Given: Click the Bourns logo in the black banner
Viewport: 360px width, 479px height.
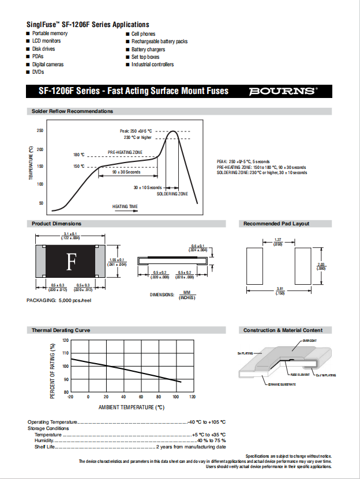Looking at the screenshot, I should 283,91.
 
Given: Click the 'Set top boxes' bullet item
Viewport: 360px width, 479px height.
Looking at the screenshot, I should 145,57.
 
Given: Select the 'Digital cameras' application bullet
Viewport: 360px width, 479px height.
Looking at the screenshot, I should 48,65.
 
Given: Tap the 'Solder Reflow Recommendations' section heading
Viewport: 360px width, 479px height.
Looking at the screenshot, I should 73,111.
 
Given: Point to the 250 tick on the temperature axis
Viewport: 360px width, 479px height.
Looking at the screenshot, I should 40,131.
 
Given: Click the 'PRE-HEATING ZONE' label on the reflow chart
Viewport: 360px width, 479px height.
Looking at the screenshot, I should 125,152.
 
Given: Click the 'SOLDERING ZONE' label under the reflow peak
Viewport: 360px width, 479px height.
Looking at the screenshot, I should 172,194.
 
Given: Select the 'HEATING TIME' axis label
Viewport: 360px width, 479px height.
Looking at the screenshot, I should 125,206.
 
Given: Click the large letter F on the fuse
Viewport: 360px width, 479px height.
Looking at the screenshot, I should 72,262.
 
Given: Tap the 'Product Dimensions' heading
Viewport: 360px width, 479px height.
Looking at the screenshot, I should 57,224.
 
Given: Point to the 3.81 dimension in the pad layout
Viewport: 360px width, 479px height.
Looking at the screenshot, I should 280,289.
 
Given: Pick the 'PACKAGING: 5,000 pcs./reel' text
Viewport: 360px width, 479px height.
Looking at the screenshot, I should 59,301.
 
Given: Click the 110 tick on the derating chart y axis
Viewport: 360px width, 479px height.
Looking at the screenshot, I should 65,353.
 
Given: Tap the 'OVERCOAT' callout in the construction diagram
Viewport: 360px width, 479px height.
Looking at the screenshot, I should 309,341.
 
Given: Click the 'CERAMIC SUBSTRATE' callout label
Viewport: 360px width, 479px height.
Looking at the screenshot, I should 282,384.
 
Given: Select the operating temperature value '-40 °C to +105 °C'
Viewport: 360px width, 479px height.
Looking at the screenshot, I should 207,423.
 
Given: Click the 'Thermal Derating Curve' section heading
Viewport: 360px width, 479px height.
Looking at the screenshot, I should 61,330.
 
